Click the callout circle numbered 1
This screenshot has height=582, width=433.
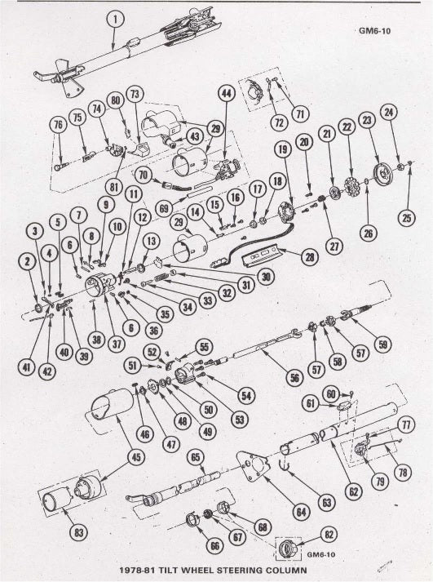coord(115,20)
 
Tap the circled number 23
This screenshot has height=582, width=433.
coord(367,120)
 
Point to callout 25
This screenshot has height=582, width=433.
coord(407,217)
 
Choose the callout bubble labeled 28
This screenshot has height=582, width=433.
coord(310,257)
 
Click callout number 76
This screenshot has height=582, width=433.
coord(59,125)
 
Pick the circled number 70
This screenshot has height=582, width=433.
coord(144,175)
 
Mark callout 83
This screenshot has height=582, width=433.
coord(79,533)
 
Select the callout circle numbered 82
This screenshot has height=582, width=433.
coord(329,535)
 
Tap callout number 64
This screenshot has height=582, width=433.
coord(301,513)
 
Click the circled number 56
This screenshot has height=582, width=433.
coord(294,378)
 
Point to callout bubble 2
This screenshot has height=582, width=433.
coord(27,262)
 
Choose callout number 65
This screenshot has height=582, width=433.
coord(196,457)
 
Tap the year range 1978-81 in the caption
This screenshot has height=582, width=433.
coord(136,570)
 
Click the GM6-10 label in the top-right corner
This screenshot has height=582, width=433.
coord(374,31)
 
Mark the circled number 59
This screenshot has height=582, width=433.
coord(382,345)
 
